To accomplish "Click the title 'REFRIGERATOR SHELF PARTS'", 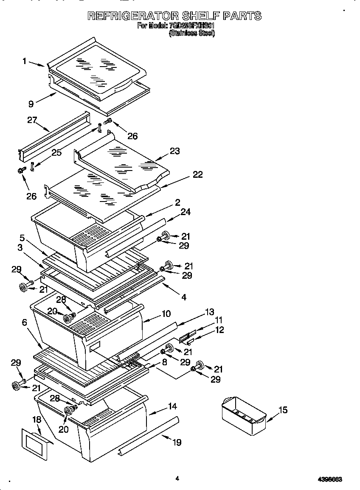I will pyautogui.click(x=174, y=16).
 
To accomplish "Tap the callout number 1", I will pyautogui.click(x=25, y=61).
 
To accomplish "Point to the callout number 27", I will pyautogui.click(x=32, y=120).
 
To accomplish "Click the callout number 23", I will pyautogui.click(x=174, y=151).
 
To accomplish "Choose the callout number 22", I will pyautogui.click(x=197, y=174).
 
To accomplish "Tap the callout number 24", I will pyautogui.click(x=186, y=212).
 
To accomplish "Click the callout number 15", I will pyautogui.click(x=283, y=410).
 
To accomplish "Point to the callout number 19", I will pyautogui.click(x=177, y=442).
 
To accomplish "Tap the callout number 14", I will pyautogui.click(x=172, y=406).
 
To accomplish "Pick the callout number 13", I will pyautogui.click(x=209, y=312).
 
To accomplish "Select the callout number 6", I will pyautogui.click(x=25, y=323).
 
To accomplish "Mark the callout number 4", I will pyautogui.click(x=183, y=297).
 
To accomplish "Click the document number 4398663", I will pyautogui.click(x=330, y=479).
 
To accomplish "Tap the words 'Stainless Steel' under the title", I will pyautogui.click(x=192, y=33).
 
